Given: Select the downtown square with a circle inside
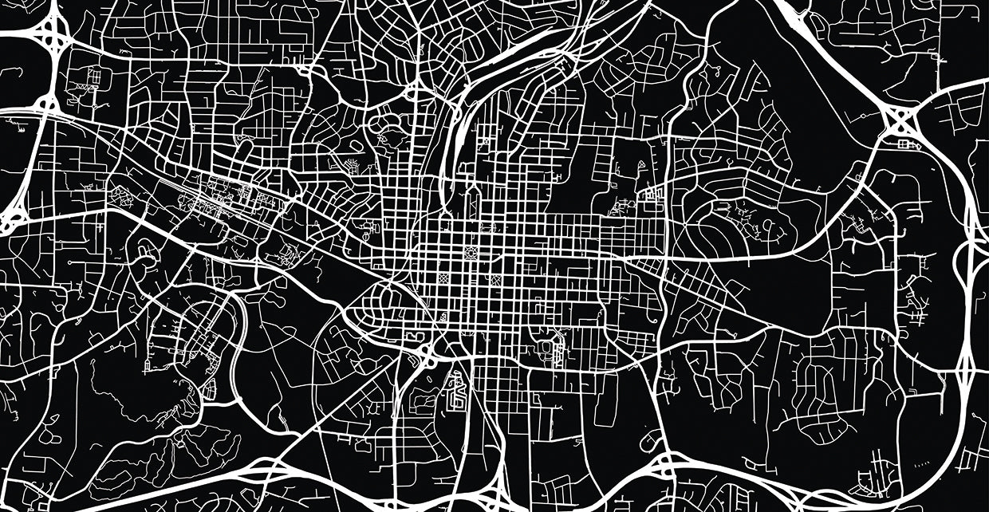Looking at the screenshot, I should pos(470,254).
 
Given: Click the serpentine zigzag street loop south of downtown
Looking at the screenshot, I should pos(455,390).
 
